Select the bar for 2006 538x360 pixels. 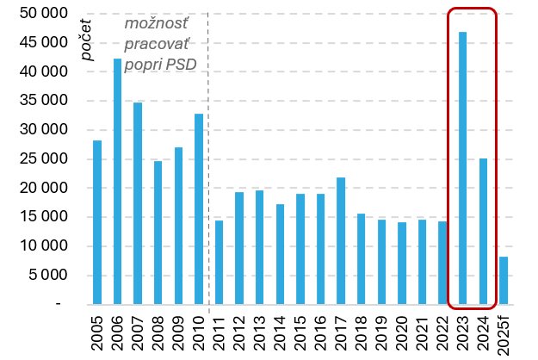[118, 181]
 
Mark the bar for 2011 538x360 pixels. [220, 262]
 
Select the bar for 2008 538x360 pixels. [158, 233]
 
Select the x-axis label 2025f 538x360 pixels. [504, 332]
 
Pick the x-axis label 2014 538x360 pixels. [280, 331]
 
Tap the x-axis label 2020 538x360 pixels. [402, 331]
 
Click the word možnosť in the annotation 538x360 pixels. [159, 24]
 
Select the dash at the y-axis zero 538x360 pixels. [59, 305]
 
